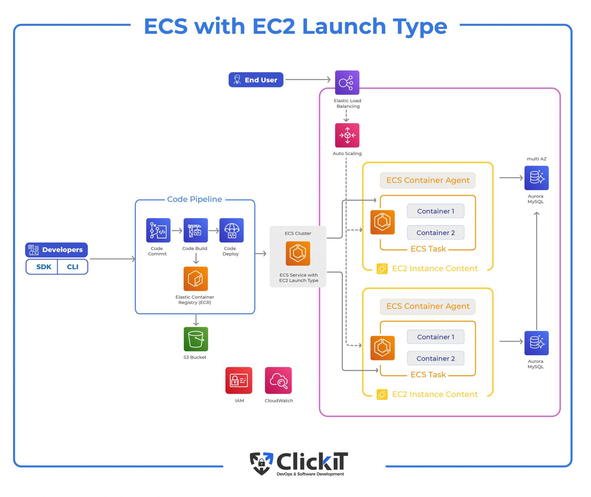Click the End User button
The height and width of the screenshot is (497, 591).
pos(256,80)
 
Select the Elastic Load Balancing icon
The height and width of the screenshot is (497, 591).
pos(347,82)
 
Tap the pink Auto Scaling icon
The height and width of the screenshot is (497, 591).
pos(347,135)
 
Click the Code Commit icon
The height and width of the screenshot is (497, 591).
pos(158,230)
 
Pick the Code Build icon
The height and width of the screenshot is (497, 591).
pos(195,230)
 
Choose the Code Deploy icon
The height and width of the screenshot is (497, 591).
pos(231,230)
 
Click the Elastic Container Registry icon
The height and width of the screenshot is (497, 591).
pos(195,279)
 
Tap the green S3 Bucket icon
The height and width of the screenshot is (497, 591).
pos(195,339)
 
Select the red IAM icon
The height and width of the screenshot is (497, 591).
pos(239,380)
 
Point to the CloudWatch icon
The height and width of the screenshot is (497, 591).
pos(278,380)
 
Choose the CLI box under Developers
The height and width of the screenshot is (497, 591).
pos(73,267)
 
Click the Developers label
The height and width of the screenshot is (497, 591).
pos(57,250)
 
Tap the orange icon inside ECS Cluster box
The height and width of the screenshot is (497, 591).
pos(297,254)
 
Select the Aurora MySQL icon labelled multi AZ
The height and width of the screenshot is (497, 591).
pos(536,178)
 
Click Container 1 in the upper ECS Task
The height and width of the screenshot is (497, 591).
pos(436,211)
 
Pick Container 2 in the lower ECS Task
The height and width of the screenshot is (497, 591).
pos(436,358)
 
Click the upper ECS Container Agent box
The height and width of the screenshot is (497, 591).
pos(427,180)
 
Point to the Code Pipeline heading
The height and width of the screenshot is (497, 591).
pos(194,199)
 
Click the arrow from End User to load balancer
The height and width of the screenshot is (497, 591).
pos(308,80)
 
